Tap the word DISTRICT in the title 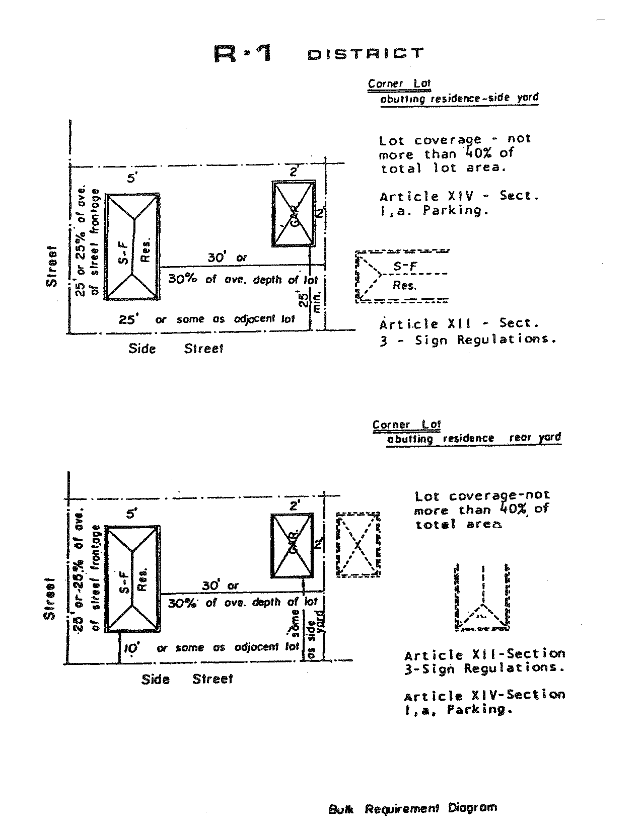(365, 53)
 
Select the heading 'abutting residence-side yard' (459, 98)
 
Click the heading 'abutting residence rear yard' (473, 438)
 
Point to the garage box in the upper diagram (294, 214)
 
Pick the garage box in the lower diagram (293, 545)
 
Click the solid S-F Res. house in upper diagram (132, 246)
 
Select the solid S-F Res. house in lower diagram (133, 578)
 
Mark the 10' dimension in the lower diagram (130, 649)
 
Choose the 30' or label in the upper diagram (228, 258)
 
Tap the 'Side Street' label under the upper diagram (175, 349)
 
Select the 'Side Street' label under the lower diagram (187, 680)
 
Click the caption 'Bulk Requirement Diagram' (412, 808)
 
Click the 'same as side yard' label (307, 634)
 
